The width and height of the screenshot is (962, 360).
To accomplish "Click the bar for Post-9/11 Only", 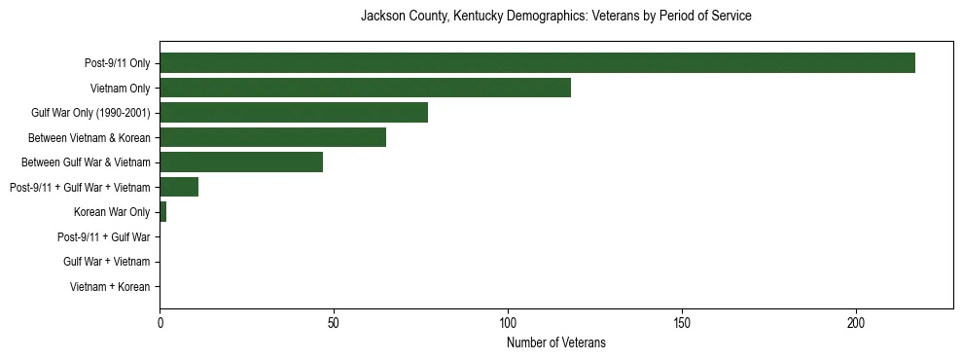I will click(x=537, y=62).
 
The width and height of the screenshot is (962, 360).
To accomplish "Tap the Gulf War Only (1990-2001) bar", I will click(x=294, y=113).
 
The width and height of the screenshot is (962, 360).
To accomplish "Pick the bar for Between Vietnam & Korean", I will click(x=272, y=137).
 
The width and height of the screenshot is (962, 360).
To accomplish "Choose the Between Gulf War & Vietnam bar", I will click(x=241, y=162).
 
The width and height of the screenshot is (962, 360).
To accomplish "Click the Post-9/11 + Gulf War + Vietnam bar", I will click(x=179, y=187).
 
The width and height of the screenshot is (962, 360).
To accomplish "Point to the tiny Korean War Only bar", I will click(x=162, y=212).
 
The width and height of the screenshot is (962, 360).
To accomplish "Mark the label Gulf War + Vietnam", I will click(x=107, y=262).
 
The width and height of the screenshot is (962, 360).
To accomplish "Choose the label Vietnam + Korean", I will click(x=110, y=287).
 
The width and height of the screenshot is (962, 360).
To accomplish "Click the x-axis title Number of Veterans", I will click(x=555, y=342).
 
